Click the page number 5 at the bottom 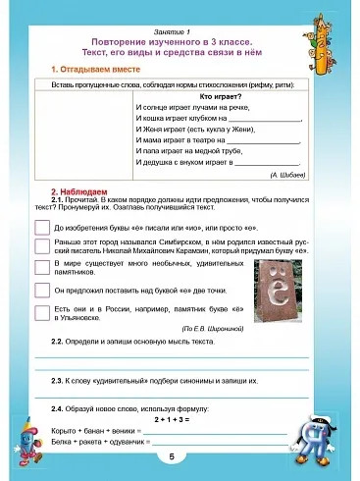click(172, 457)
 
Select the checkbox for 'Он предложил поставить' click(42, 291)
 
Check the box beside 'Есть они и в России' click(42, 311)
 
